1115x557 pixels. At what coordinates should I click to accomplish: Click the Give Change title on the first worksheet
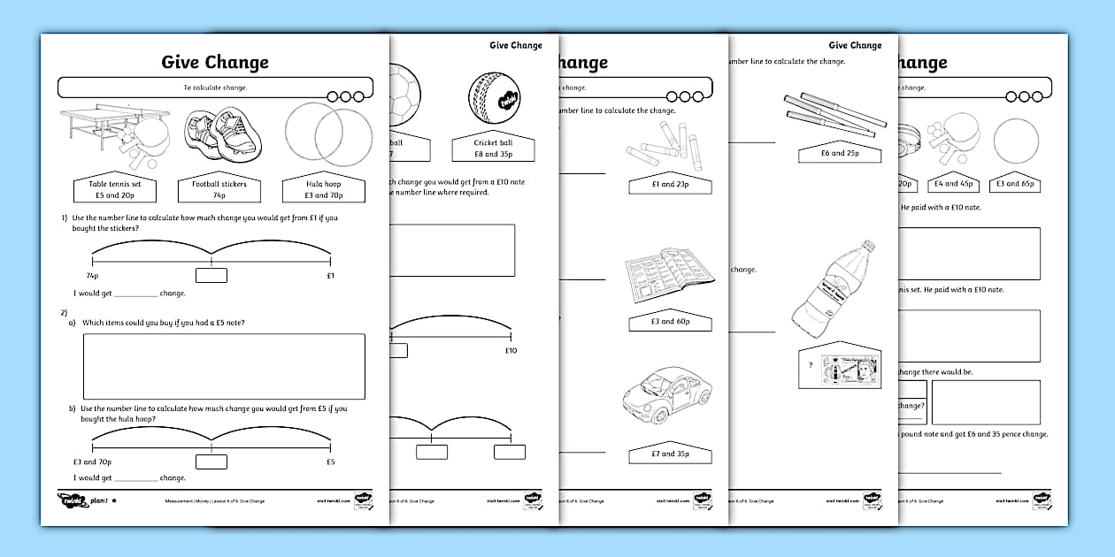point(214,62)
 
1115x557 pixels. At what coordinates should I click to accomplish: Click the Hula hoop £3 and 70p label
point(324,189)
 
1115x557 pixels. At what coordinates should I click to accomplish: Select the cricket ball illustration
point(496,98)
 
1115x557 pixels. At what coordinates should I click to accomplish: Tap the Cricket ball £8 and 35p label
point(494,149)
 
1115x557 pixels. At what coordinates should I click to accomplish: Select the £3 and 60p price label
point(670,321)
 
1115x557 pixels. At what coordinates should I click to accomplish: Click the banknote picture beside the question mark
point(849,369)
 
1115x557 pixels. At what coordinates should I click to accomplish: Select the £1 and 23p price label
point(670,184)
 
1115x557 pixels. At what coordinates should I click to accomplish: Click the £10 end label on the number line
point(510,350)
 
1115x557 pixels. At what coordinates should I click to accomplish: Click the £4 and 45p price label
point(951,183)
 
